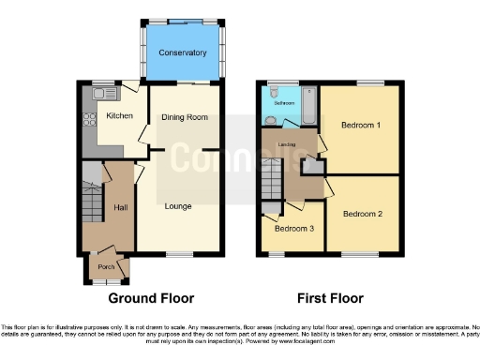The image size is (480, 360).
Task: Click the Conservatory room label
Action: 182,52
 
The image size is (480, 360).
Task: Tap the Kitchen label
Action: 119,116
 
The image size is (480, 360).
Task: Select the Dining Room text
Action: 185,117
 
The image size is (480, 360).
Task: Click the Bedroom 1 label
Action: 360,125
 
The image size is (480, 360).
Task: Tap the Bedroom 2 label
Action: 362,214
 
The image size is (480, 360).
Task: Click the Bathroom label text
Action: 285,102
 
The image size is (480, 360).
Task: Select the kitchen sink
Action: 102,93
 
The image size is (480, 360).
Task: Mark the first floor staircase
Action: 271,175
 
